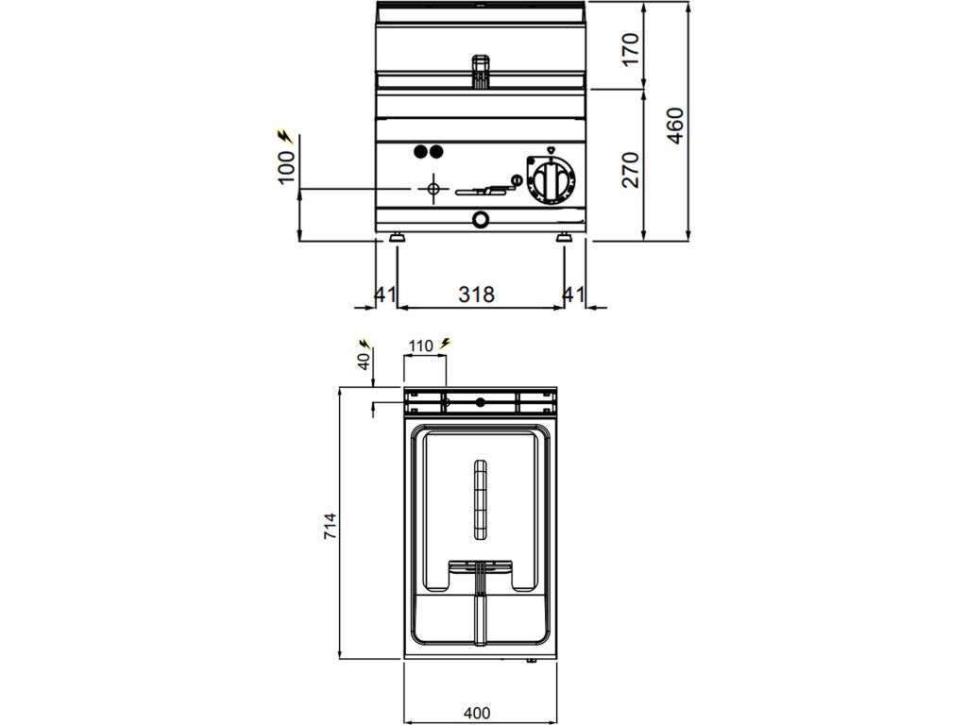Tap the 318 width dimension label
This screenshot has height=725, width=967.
pyautogui.click(x=477, y=295)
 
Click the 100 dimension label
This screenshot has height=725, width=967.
pyautogui.click(x=288, y=167)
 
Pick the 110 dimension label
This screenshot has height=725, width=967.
pyautogui.click(x=421, y=346)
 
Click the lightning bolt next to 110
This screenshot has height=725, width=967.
pyautogui.click(x=445, y=344)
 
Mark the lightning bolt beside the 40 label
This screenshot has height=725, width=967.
pyautogui.click(x=365, y=342)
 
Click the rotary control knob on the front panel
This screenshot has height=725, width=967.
pyautogui.click(x=550, y=179)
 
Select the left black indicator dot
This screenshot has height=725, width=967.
pyautogui.click(x=421, y=151)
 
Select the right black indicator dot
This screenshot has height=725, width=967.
pyautogui.click(x=436, y=151)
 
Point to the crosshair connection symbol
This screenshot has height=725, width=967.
pyautogui.click(x=433, y=189)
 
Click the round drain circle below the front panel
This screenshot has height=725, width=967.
pyautogui.click(x=482, y=220)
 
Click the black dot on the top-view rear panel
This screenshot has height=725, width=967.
pyautogui.click(x=481, y=402)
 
